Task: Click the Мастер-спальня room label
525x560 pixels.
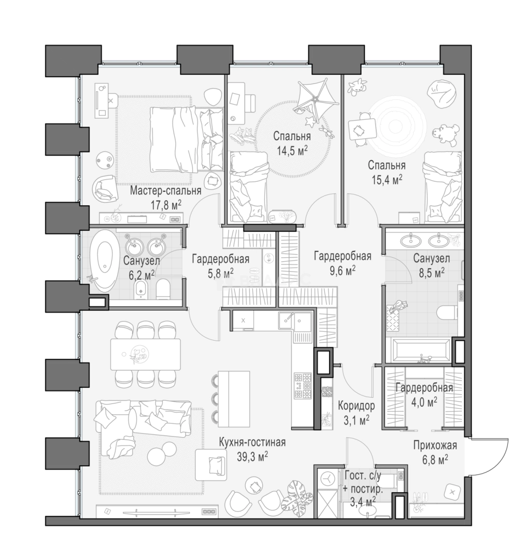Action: [x=166, y=191]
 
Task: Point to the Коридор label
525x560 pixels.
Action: [x=356, y=405]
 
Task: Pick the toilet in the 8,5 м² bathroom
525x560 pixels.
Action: [x=447, y=313]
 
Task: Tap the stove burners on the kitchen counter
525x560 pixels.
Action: [x=303, y=386]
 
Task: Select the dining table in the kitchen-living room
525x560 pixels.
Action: [x=146, y=354]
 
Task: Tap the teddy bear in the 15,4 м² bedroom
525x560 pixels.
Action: [x=445, y=135]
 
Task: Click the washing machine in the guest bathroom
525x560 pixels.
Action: [x=327, y=477]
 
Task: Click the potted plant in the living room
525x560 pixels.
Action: [x=297, y=495]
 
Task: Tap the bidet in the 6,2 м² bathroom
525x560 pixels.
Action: [x=141, y=289]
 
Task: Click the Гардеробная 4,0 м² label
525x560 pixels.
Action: [x=424, y=395]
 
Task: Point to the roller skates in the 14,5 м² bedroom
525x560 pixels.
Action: [x=243, y=136]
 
